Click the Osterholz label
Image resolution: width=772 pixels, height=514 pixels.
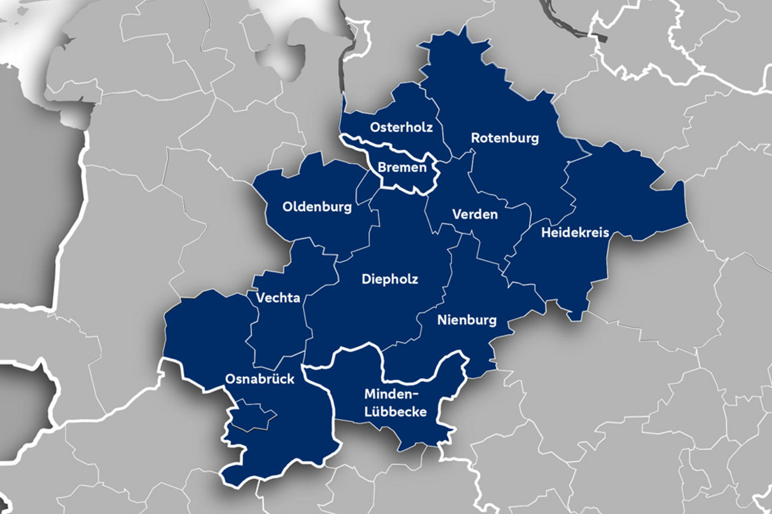point(401,127)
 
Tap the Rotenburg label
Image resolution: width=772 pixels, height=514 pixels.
point(504,138)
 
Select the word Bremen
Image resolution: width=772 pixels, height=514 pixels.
point(402,168)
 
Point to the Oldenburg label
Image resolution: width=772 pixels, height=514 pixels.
point(317,207)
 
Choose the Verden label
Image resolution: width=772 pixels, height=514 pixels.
point(475,214)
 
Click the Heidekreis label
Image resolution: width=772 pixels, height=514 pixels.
point(575,232)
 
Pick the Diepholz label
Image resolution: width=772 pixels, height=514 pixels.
point(390,279)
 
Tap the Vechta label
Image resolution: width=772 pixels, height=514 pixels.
point(278,298)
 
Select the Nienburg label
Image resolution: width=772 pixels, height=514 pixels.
point(467,320)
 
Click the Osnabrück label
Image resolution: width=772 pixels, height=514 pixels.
point(260,379)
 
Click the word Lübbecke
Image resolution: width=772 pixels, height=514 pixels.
point(396,412)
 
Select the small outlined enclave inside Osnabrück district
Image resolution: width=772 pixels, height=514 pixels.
point(251,415)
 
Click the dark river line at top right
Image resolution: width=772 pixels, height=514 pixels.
point(569,22)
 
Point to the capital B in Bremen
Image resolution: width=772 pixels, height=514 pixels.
point(382,168)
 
